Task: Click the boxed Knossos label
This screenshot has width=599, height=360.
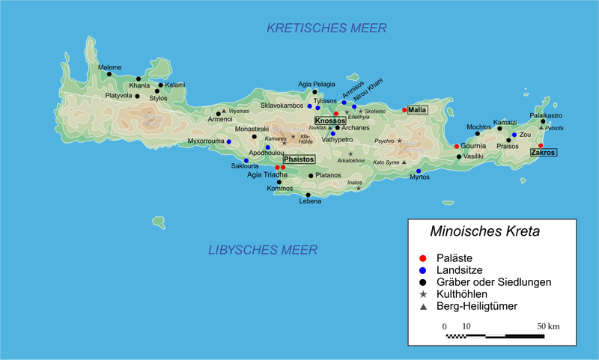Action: pos(330,120)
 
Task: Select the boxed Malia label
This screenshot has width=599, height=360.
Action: pos(417,110)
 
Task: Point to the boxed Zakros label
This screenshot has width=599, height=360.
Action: pos(543,152)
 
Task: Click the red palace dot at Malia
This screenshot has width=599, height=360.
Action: pos(404,110)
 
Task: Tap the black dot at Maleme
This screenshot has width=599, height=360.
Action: pos(109,73)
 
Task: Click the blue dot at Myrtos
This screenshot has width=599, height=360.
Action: pos(419,171)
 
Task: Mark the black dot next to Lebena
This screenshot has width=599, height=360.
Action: pos(308,195)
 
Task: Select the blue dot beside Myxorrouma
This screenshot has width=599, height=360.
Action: pos(229,141)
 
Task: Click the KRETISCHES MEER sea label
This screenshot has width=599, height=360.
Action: pos(326,28)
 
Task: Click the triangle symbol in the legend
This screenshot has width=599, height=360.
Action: pos(423,308)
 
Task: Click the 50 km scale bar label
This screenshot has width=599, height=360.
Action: pos(547,326)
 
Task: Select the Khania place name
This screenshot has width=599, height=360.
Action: pos(140,85)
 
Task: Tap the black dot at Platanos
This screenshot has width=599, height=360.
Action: pos(311,176)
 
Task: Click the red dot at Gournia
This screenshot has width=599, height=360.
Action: pos(457,146)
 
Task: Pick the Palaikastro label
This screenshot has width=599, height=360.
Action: pos(545,115)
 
